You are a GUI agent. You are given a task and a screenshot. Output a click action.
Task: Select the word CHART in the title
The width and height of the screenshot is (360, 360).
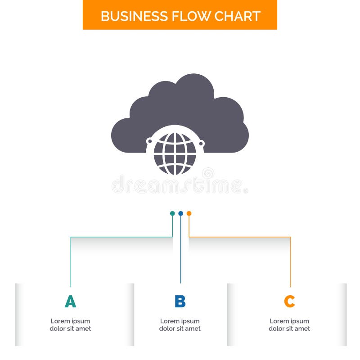point(237,16)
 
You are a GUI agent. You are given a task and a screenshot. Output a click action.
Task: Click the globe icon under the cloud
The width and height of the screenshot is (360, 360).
point(175,153)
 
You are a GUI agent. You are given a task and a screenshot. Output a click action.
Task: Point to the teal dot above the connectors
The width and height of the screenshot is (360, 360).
point(172,213)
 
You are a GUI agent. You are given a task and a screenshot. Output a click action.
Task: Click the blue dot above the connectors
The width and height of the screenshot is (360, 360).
point(180,213)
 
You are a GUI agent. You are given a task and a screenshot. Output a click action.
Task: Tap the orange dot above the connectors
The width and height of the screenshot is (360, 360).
point(189,213)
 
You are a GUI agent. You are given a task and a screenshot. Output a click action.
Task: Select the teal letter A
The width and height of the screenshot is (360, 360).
point(70,301)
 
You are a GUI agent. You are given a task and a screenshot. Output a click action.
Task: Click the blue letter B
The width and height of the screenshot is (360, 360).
point(180,301)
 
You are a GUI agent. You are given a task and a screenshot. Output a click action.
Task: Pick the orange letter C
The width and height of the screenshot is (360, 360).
point(289,301)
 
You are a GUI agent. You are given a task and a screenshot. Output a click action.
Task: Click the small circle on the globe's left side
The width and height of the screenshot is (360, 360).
point(149,141)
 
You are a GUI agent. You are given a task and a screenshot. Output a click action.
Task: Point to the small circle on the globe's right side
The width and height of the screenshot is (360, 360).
point(201,144)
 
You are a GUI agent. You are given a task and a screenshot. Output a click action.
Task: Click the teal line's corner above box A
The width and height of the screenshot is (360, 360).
point(71,237)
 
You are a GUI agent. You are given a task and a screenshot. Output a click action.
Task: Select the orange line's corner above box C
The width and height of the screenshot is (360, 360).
point(290,237)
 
